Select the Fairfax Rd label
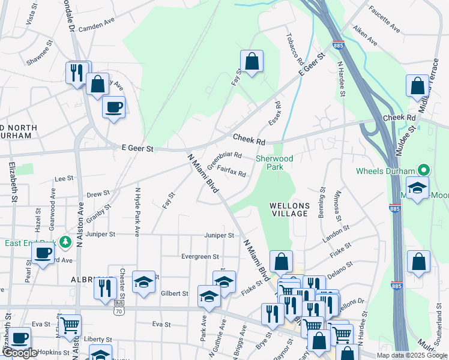[x=232, y=172]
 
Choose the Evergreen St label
[x=200, y=256]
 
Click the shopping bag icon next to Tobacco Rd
[x=252, y=61]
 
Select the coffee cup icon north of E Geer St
[x=113, y=107]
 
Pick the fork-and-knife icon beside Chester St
[x=105, y=287]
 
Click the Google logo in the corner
[x=20, y=353]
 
